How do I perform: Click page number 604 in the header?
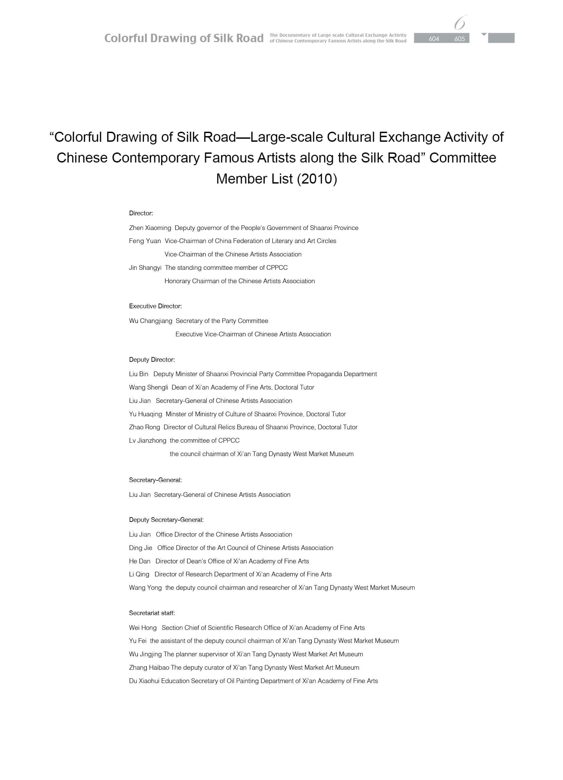(434, 39)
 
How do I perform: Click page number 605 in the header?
(459, 39)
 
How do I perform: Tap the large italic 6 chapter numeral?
(460, 23)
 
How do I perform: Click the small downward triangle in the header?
(484, 34)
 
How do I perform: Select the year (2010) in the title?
(316, 179)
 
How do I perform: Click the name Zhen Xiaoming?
(150, 228)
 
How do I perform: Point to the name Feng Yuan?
(145, 241)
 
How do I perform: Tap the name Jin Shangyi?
(145, 268)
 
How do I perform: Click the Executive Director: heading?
(155, 306)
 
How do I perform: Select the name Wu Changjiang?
(151, 321)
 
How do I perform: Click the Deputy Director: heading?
(152, 360)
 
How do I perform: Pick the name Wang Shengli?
(148, 387)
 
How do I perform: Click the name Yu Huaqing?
(146, 415)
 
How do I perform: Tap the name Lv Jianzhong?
(148, 441)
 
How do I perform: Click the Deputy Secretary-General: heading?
(166, 520)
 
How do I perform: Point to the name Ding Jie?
(140, 548)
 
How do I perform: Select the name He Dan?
(140, 561)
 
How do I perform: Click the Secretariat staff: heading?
(152, 613)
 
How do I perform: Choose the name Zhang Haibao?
(149, 668)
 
